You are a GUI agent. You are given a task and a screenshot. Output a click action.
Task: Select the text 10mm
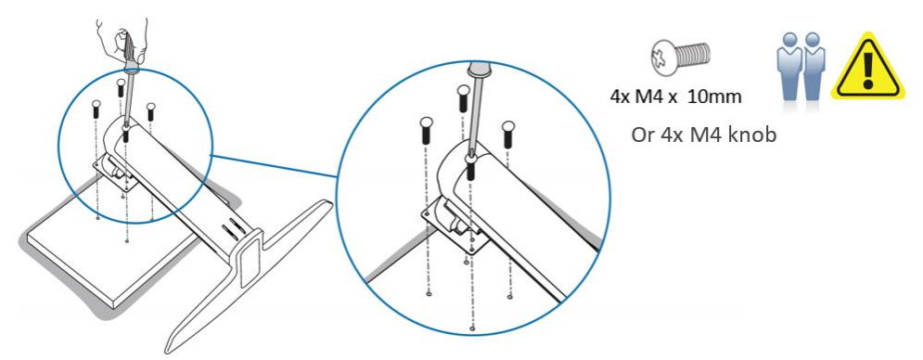714,96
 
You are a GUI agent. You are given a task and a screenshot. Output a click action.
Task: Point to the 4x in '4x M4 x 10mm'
620,96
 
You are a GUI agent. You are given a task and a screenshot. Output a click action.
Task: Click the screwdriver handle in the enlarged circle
478,70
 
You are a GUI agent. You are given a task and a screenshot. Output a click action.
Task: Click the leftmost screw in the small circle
96,109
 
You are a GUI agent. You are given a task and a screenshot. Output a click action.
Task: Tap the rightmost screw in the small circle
151,112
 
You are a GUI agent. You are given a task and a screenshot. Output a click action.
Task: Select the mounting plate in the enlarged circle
456,225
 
